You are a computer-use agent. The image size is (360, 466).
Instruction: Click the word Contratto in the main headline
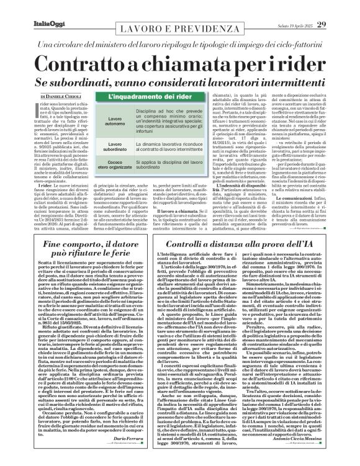pos(95,63)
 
